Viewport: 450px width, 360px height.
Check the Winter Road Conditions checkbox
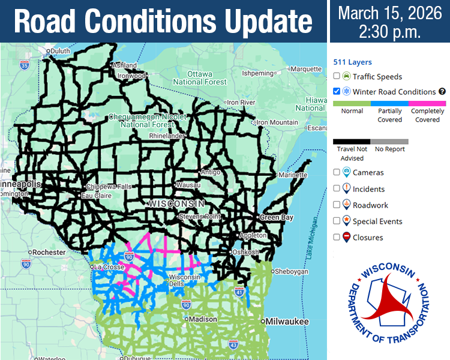coord(337,92)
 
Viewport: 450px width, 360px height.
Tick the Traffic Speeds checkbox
coord(337,76)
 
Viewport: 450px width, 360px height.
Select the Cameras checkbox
coord(337,172)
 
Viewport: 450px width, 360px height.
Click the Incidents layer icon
coord(346,188)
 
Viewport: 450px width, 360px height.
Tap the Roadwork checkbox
coord(337,205)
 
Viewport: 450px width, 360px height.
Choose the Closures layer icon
coord(346,237)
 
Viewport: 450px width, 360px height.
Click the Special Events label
coord(377,221)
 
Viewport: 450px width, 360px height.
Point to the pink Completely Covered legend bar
coord(427,103)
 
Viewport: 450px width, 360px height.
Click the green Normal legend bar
coord(352,103)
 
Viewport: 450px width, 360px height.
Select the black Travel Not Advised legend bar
coord(352,142)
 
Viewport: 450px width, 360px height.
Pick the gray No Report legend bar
coord(389,142)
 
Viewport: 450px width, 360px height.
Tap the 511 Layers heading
coord(352,62)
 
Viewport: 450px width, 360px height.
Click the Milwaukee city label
coord(287,322)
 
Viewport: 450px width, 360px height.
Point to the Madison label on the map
coord(202,319)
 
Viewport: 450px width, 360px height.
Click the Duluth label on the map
coord(59,52)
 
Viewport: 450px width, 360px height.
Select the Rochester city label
coord(49,253)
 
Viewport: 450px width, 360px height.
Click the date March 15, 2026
coord(389,13)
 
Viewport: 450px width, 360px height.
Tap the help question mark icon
coord(442,92)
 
